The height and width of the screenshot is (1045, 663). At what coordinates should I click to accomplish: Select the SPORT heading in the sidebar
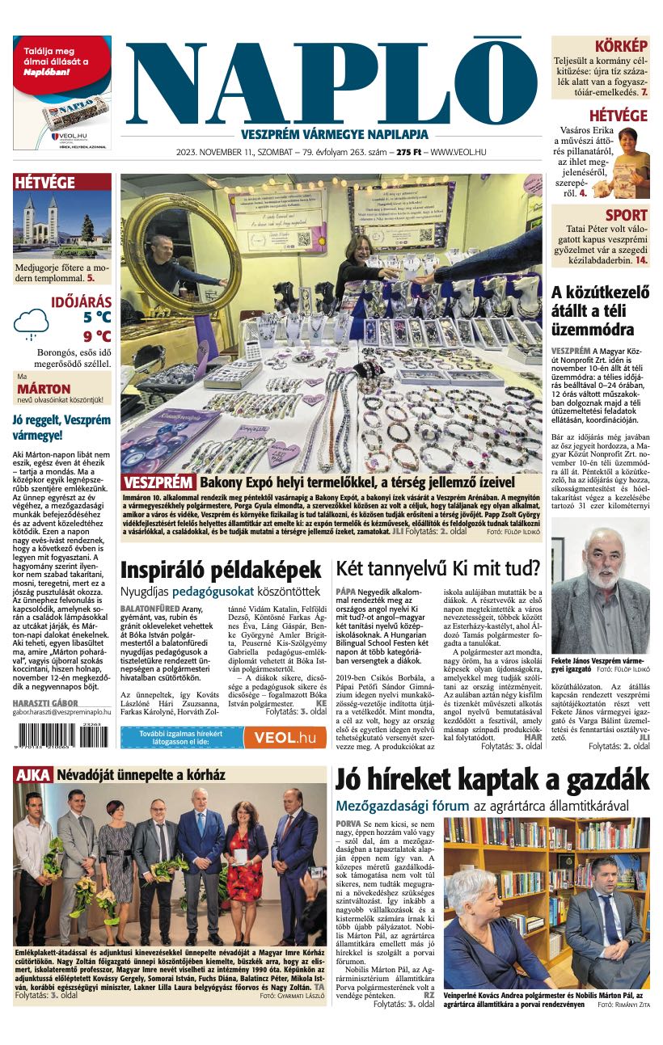coord(626,215)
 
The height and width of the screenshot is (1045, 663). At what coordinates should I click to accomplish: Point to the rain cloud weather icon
coord(31,323)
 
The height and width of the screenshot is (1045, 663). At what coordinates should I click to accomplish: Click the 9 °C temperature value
coord(97,336)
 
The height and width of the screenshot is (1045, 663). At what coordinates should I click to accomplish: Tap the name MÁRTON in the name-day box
coord(44,388)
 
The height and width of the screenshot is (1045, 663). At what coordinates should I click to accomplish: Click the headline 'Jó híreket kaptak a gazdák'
coord(492,782)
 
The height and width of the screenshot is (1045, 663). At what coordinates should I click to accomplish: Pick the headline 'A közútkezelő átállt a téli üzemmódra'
coord(600,311)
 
